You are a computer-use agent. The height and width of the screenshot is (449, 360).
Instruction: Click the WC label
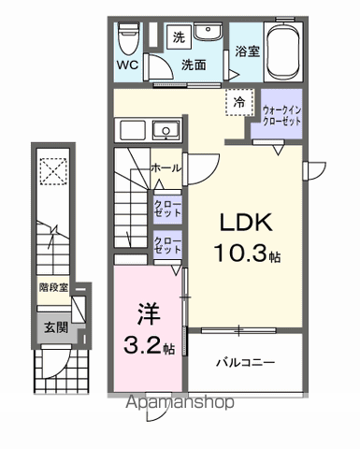point(128,66)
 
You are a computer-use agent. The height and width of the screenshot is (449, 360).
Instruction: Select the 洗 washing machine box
point(177,37)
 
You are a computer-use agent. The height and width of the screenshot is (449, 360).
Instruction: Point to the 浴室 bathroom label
point(247,52)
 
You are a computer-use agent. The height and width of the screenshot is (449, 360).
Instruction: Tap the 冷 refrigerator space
point(239,104)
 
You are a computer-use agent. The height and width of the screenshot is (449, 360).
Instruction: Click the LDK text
point(245,223)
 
